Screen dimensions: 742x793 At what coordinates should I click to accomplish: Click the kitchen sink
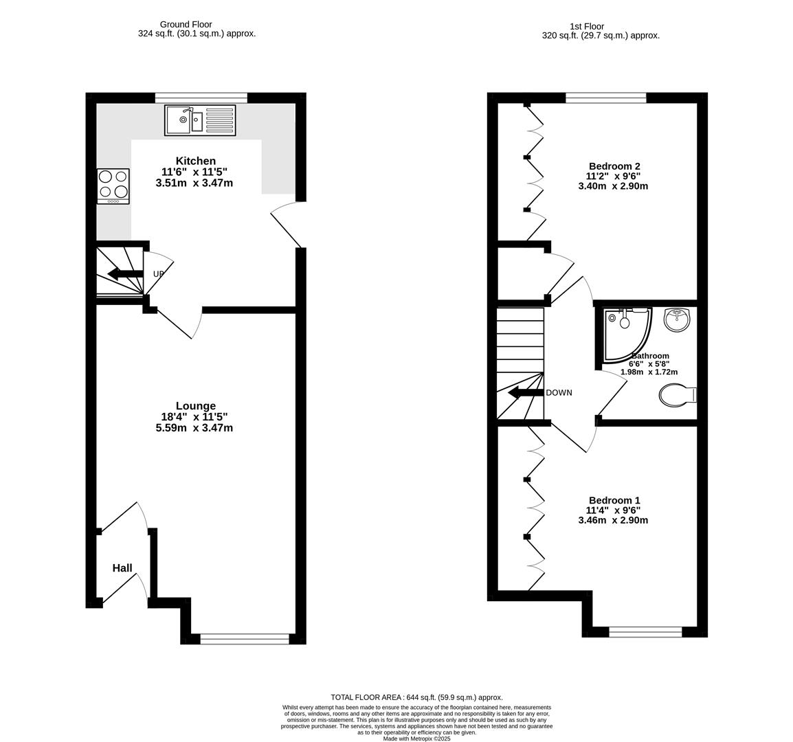pos(200,120)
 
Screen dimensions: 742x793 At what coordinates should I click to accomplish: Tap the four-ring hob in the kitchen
pos(113,186)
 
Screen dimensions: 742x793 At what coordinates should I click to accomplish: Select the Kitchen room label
pos(195,161)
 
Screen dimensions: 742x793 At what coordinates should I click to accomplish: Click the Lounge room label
pos(195,406)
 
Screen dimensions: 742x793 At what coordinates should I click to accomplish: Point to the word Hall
pos(122,568)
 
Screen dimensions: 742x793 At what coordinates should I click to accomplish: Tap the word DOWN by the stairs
pos(559,393)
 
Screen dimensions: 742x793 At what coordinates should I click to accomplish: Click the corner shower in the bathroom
pos(625,333)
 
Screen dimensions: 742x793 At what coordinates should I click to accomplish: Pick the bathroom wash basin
pos(677,319)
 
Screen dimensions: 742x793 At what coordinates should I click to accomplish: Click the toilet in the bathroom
pos(677,395)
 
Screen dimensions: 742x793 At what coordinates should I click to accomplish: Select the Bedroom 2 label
pos(614,166)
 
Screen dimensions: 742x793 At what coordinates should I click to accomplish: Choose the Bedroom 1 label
pos(614,500)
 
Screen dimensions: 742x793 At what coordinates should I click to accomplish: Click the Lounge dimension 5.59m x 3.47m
pos(194,428)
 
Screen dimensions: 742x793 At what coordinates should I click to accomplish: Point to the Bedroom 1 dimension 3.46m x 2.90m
pos(613,520)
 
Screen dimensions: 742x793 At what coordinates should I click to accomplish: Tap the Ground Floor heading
pos(186,25)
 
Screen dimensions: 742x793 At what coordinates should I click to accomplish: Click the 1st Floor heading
pos(586,27)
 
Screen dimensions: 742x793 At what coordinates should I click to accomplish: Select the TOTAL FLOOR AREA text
pos(416,697)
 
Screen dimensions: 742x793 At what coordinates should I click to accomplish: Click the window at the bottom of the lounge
pos(245,639)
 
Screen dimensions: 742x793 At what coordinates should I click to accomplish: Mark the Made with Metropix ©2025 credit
pos(416,739)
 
